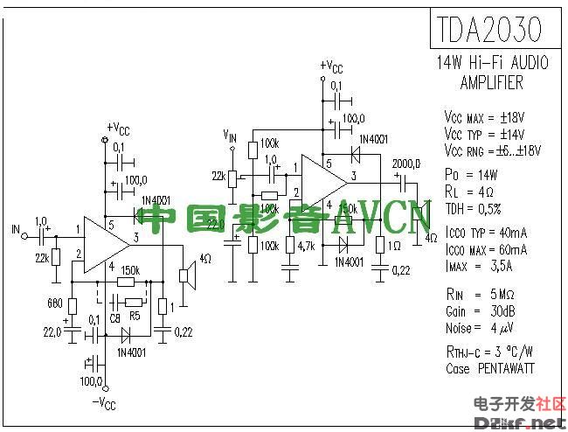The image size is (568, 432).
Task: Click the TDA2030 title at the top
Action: pyautogui.click(x=486, y=29)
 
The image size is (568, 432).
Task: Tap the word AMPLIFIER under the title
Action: pyautogui.click(x=491, y=84)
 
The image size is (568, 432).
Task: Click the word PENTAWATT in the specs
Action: pyautogui.click(x=504, y=369)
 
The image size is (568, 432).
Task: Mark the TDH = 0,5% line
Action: pyautogui.click(x=473, y=209)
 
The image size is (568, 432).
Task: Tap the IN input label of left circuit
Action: pyautogui.click(x=15, y=231)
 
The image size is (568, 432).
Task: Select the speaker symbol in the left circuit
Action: pyautogui.click(x=185, y=276)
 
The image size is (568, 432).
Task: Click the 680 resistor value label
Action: pyautogui.click(x=53, y=304)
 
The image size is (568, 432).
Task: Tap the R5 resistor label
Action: pyautogui.click(x=134, y=317)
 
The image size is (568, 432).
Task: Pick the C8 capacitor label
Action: pyautogui.click(x=115, y=317)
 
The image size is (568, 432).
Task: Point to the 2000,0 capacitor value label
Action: pyautogui.click(x=406, y=164)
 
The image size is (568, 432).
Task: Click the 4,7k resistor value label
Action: pyautogui.click(x=306, y=247)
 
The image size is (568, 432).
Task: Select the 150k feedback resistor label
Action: pyautogui.click(x=130, y=270)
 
